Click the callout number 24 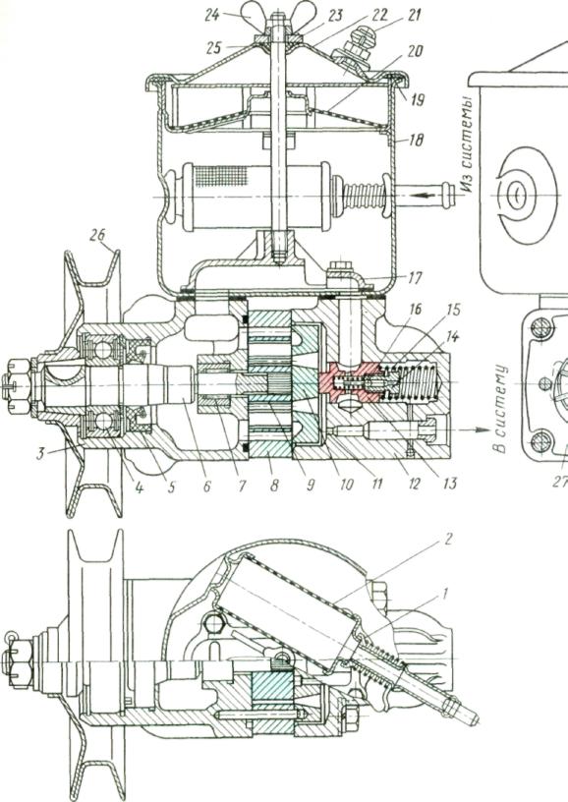point(212,15)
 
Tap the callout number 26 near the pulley point(97,235)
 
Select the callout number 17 point(415,278)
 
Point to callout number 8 point(274,485)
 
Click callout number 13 point(449,483)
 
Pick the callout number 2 point(448,539)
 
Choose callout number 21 point(414,15)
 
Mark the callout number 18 point(416,140)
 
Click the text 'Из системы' point(468,147)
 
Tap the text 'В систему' point(500,409)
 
